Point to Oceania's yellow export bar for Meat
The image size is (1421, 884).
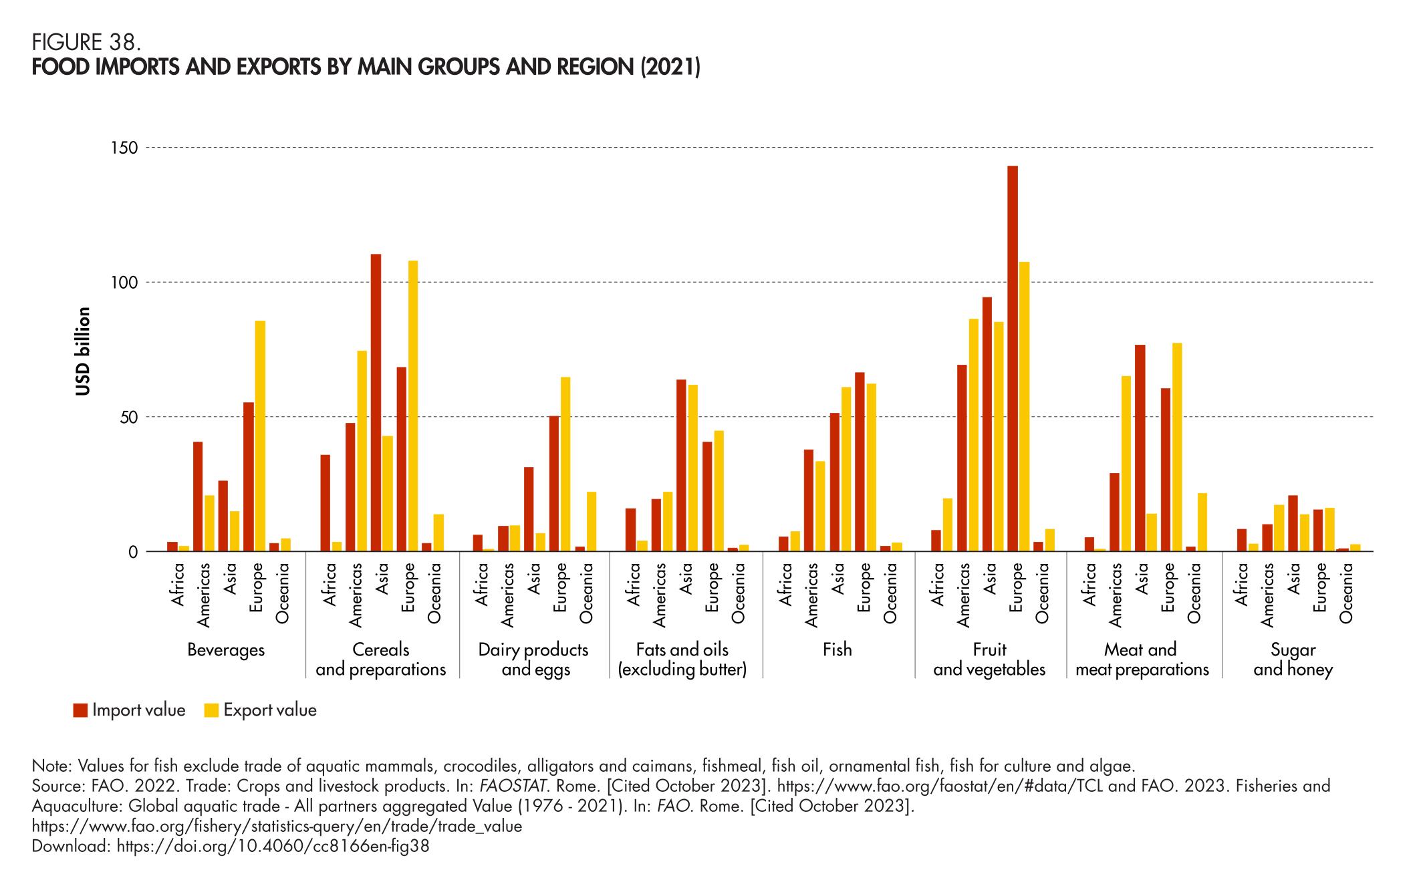pos(1202,522)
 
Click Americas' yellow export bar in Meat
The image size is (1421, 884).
pos(1126,464)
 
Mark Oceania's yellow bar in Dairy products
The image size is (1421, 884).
pos(592,521)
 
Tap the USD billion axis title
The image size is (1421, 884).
pos(82,351)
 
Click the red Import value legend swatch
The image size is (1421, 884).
pos(80,710)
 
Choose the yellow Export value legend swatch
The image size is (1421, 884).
pos(211,710)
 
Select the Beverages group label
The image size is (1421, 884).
pos(226,650)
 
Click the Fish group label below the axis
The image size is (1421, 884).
pos(837,650)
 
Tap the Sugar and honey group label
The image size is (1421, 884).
pos(1293,659)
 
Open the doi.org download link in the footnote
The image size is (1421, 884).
pos(273,847)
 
